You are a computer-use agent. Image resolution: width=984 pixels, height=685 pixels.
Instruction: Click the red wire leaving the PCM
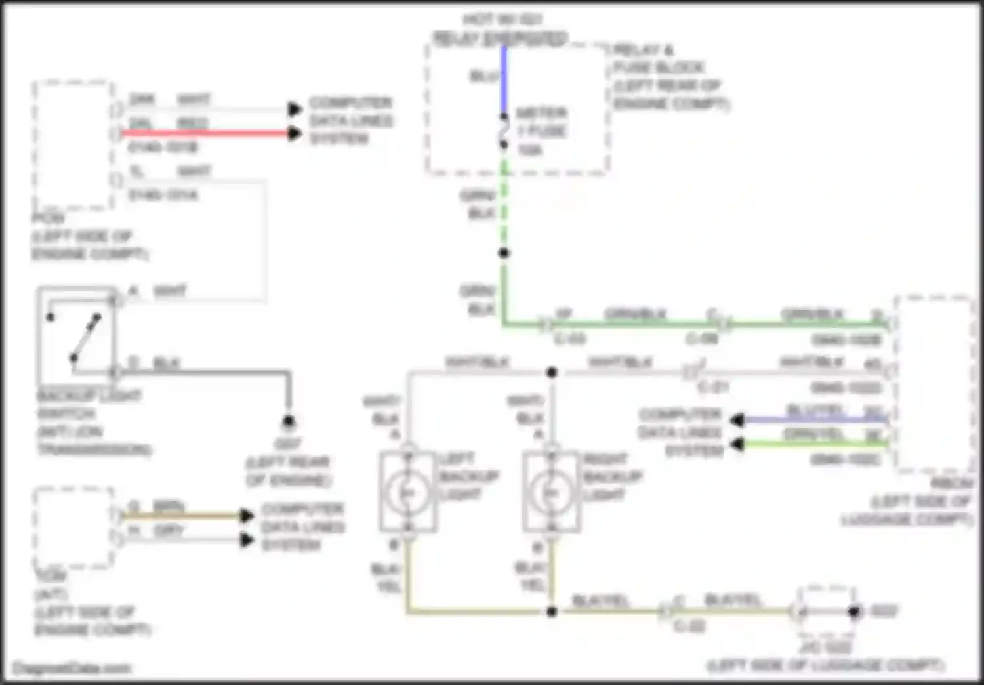203,134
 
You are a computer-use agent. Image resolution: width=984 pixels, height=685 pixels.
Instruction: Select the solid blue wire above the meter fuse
504,79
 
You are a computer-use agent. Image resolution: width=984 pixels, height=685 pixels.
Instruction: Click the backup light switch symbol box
76,335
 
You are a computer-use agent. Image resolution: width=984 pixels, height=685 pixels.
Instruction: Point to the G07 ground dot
289,421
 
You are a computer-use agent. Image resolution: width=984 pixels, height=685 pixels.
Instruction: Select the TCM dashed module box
73,527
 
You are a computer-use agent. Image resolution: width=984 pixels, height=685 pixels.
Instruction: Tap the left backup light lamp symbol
408,493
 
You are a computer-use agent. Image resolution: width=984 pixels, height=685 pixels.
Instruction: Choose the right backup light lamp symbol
552,493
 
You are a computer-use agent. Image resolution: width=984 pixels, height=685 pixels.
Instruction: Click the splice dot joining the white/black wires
552,373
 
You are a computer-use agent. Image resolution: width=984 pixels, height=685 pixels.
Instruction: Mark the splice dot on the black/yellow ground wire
552,612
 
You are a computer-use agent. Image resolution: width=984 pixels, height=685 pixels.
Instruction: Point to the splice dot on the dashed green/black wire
504,253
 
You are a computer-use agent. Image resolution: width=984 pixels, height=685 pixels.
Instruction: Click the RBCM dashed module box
934,384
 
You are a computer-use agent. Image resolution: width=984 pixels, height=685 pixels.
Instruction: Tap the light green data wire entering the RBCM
813,444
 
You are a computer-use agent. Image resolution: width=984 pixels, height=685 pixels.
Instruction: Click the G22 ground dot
854,612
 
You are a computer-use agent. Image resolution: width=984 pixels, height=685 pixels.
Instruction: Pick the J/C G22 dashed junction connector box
827,610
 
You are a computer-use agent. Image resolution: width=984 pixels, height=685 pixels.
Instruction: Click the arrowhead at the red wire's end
295,134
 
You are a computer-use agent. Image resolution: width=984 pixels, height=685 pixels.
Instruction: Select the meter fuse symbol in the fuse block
504,131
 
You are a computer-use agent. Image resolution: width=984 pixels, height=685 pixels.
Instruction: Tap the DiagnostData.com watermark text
72,669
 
